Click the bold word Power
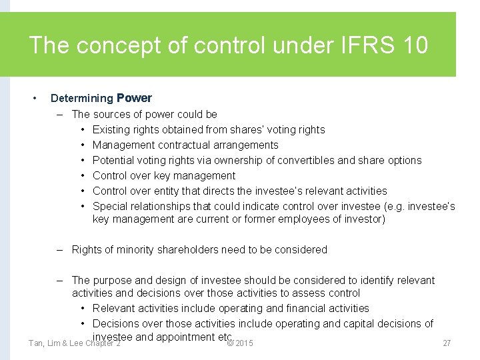pyautogui.click(x=134, y=98)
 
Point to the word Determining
pyautogui.click(x=82, y=98)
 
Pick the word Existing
pyautogui.click(x=112, y=129)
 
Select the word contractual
pyautogui.click(x=178, y=145)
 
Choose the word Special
pyautogui.click(x=110, y=206)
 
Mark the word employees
pyautogui.click(x=299, y=219)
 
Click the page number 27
pyautogui.click(x=447, y=343)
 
